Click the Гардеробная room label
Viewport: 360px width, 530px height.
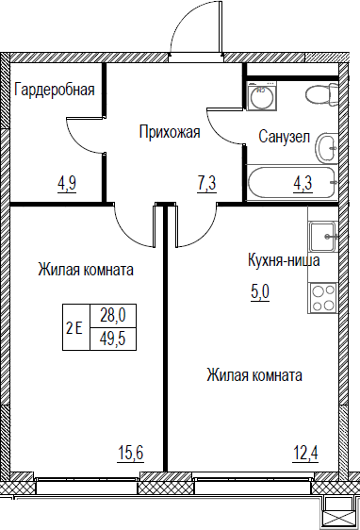(55, 91)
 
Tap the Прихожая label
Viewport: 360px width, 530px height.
(170, 132)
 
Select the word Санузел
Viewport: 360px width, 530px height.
(285, 137)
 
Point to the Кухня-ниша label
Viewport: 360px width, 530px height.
(284, 260)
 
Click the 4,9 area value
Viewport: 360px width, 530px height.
(67, 184)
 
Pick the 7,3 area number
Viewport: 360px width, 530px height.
(206, 185)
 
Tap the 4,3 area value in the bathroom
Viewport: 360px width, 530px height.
(303, 184)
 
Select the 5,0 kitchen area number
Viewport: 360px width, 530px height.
(260, 292)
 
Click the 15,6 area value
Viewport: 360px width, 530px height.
(130, 453)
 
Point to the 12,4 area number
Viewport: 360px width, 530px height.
(305, 453)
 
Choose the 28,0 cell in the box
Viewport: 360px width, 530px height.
(113, 316)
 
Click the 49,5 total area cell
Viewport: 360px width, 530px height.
(113, 339)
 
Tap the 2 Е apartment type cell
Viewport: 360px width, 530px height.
(76, 327)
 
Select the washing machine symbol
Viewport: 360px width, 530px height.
(262, 95)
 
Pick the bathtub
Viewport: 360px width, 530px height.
(292, 183)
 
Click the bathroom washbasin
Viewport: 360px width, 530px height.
(327, 148)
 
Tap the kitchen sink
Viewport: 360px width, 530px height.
(323, 237)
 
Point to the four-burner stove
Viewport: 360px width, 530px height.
(322, 297)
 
